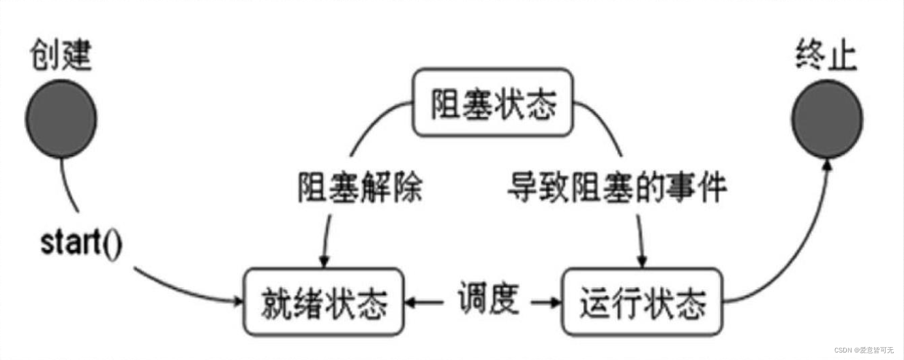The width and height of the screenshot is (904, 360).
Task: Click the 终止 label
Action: coord(826,57)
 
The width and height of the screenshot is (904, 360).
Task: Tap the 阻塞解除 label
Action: coord(360,187)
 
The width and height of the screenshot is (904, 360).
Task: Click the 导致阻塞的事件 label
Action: coord(616,187)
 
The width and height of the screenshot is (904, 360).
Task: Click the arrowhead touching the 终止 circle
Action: coord(828,166)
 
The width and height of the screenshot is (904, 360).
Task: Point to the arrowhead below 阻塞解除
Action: coord(325,262)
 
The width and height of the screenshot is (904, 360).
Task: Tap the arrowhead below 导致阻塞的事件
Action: coord(642,262)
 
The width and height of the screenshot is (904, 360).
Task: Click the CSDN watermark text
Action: coord(865,349)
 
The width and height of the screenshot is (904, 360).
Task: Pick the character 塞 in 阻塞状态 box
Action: coord(477,103)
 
